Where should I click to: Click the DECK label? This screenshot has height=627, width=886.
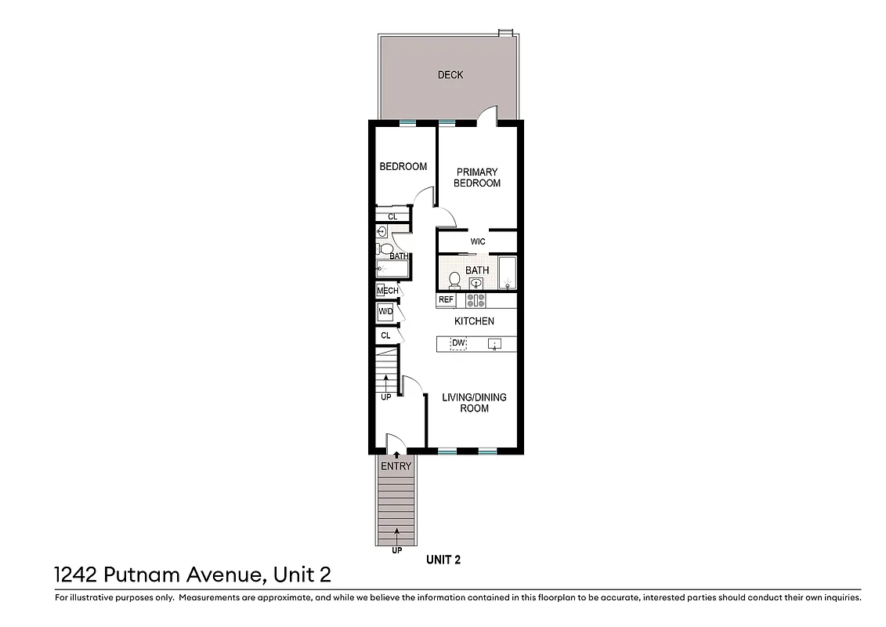tap(450, 75)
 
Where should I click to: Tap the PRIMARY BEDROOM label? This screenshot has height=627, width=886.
tap(477, 178)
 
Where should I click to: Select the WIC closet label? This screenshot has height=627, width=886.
tap(478, 241)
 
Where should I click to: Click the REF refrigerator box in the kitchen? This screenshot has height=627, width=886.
tap(446, 300)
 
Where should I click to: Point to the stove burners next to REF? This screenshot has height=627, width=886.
tap(476, 300)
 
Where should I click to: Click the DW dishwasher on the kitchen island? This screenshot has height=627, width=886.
tap(458, 343)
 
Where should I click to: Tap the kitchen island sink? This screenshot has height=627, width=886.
tap(494, 343)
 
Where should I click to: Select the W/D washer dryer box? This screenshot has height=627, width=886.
tap(385, 312)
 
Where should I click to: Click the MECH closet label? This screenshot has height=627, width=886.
tap(387, 291)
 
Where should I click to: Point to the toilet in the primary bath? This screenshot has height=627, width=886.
tap(454, 279)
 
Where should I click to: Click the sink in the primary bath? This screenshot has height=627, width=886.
tap(476, 284)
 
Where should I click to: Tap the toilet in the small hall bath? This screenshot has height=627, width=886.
tap(385, 249)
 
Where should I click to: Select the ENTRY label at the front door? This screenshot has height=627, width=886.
tap(396, 466)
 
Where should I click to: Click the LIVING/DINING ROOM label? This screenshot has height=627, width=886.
tap(474, 403)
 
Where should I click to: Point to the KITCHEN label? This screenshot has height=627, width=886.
tap(474, 321)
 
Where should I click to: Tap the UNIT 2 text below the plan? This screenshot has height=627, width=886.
tap(443, 560)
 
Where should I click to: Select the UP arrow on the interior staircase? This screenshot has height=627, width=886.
tap(385, 383)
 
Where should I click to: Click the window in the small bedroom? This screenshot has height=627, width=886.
tap(407, 122)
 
